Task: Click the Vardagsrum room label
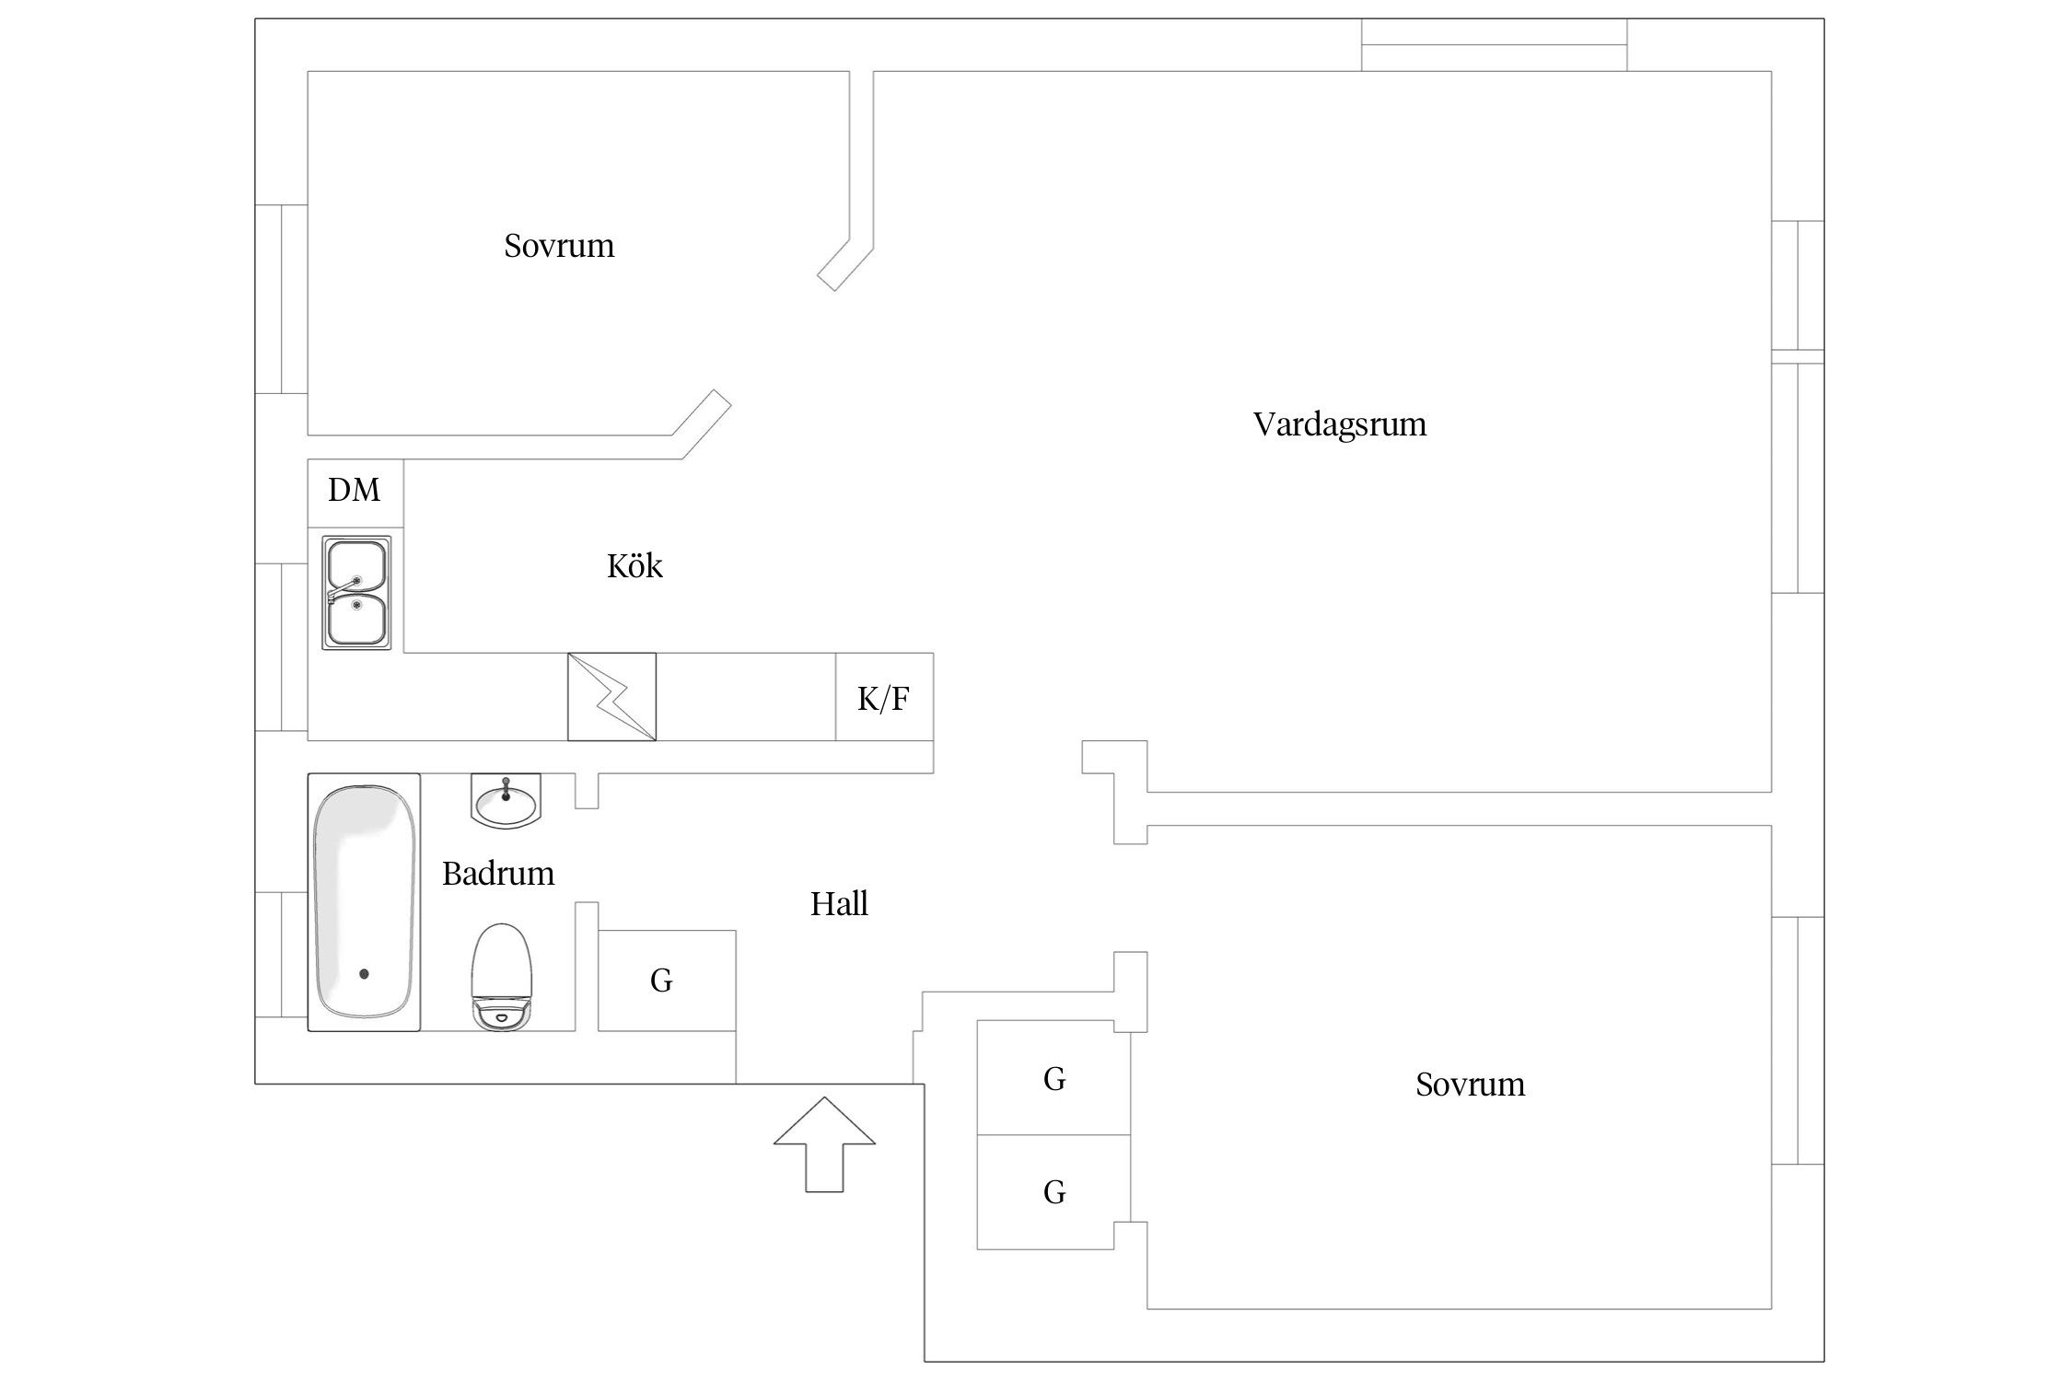click(x=1340, y=424)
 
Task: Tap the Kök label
click(x=634, y=565)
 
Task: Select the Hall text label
click(x=839, y=904)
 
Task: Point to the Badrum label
click(x=498, y=874)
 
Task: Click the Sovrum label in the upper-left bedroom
click(x=559, y=246)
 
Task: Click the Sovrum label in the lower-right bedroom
click(x=1470, y=1085)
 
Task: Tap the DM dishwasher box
click(x=355, y=491)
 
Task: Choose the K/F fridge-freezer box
click(x=884, y=698)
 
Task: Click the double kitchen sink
click(x=356, y=594)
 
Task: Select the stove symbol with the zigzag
click(x=611, y=697)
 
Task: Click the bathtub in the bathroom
click(x=364, y=902)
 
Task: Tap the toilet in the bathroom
click(x=502, y=976)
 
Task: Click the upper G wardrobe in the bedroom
click(x=1053, y=1078)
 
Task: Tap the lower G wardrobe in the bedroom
click(x=1053, y=1192)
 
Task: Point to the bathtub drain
click(x=364, y=973)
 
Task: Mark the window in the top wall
click(x=1494, y=44)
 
